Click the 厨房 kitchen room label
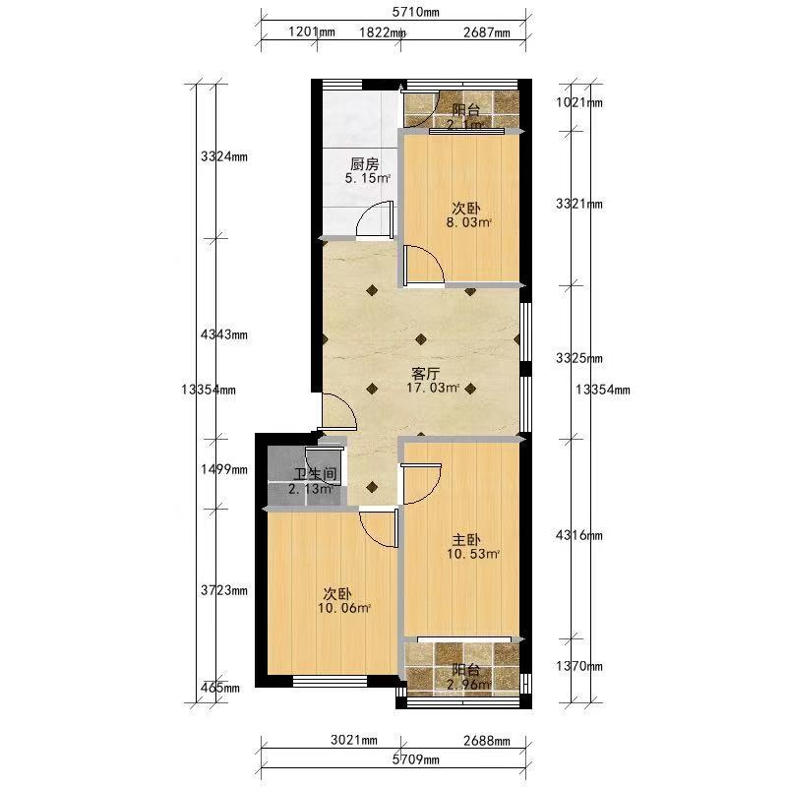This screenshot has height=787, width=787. [364, 164]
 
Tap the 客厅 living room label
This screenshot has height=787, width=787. [426, 374]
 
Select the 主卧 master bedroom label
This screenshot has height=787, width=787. [466, 540]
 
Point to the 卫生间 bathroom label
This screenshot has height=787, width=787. [315, 474]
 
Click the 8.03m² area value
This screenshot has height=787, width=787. [469, 222]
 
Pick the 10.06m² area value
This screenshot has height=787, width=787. [344, 608]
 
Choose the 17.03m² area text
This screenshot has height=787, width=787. [433, 388]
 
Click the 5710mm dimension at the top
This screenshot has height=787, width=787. [415, 12]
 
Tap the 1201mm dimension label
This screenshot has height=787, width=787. [312, 32]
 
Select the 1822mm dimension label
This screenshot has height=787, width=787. [383, 32]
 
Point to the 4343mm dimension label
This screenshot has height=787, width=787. [224, 334]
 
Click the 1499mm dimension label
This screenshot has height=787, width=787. [224, 470]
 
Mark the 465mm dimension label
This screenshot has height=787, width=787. [219, 688]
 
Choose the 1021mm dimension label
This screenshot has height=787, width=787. [579, 103]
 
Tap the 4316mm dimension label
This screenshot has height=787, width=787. [579, 535]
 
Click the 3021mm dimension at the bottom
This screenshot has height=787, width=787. [354, 740]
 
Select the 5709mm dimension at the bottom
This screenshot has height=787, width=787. [415, 759]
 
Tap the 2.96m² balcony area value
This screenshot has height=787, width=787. [469, 684]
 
